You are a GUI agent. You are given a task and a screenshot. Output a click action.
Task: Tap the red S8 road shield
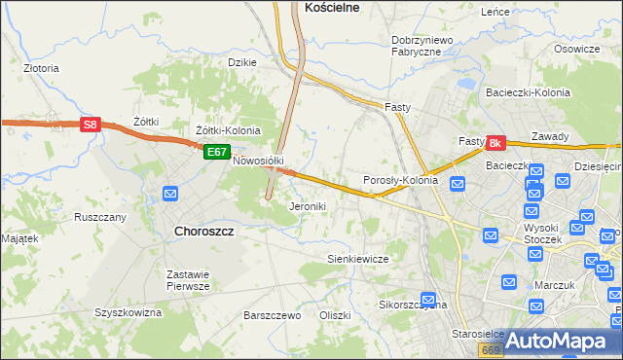90,125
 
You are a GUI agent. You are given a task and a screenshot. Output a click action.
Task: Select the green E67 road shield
216,152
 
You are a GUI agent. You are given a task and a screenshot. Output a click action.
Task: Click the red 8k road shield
495,143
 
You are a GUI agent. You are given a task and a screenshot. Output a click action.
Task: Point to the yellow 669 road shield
491,349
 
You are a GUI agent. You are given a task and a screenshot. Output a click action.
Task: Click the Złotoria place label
41,69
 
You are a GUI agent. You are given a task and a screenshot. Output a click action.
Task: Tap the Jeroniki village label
308,207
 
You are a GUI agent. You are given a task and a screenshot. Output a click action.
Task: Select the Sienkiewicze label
357,260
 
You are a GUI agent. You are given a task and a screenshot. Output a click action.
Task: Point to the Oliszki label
334,316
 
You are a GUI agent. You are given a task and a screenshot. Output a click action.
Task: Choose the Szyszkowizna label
127,312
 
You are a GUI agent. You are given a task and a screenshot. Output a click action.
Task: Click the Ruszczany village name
100,217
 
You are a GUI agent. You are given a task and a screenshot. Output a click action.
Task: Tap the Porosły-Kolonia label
400,180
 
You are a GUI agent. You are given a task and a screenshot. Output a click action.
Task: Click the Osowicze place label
576,49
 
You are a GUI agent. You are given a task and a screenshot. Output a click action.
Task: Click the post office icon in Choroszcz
170,194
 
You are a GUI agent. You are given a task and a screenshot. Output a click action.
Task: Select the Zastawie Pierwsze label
188,280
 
